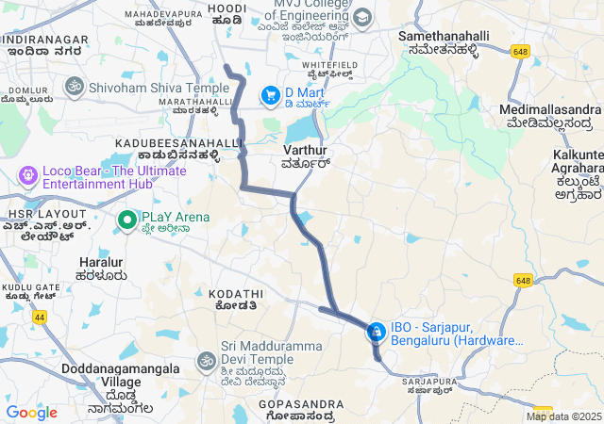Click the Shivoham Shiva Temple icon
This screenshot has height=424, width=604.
[x=74, y=88]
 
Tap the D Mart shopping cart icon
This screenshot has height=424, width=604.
[x=271, y=94]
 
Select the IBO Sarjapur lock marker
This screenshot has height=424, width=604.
[x=376, y=332]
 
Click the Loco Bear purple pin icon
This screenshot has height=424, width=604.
[x=27, y=175]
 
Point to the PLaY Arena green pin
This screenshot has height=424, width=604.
[x=127, y=220]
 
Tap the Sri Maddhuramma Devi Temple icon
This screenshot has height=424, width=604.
[x=206, y=361]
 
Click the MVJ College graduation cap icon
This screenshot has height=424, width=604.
[x=362, y=18]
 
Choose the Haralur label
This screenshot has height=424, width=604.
[x=103, y=268]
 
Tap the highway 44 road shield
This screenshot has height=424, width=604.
[x=40, y=318]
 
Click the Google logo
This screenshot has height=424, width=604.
[x=31, y=413]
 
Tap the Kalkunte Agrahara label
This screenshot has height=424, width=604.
[x=579, y=174]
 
